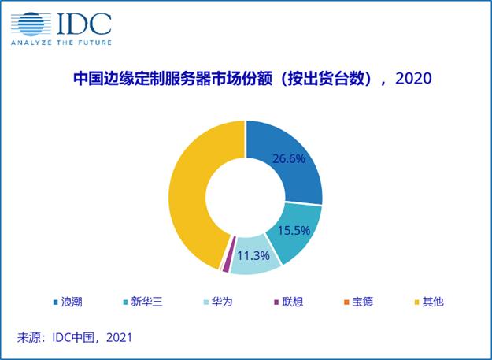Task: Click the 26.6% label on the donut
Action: [288, 158]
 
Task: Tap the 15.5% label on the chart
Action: [294, 230]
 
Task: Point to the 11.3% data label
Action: [253, 255]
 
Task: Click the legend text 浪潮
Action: [72, 302]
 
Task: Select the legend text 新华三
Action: [147, 302]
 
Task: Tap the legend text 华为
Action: [222, 302]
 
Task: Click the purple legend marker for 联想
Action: [276, 302]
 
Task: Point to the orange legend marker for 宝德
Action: [346, 302]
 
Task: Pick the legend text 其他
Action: [433, 302]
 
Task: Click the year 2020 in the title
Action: [413, 79]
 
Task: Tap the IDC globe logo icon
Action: [31, 24]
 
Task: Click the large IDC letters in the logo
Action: [84, 24]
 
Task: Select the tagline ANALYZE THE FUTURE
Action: [61, 43]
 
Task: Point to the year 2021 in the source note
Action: [120, 338]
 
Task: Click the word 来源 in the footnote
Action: [28, 338]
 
